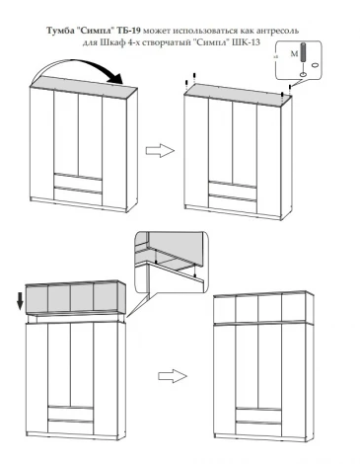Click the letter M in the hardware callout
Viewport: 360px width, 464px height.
click(294, 54)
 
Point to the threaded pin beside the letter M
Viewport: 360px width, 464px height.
click(304, 53)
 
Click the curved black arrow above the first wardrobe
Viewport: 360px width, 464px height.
click(78, 70)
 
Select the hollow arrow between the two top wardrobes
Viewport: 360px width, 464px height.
click(160, 151)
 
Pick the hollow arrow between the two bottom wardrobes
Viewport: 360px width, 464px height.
click(173, 376)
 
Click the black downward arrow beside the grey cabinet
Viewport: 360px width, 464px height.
click(20, 301)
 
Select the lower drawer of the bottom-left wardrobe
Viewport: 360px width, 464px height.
click(71, 427)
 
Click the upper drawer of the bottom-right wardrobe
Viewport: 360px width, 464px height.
click(258, 415)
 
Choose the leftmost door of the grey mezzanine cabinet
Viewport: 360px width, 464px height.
click(36, 299)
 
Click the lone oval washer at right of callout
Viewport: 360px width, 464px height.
click(315, 65)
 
